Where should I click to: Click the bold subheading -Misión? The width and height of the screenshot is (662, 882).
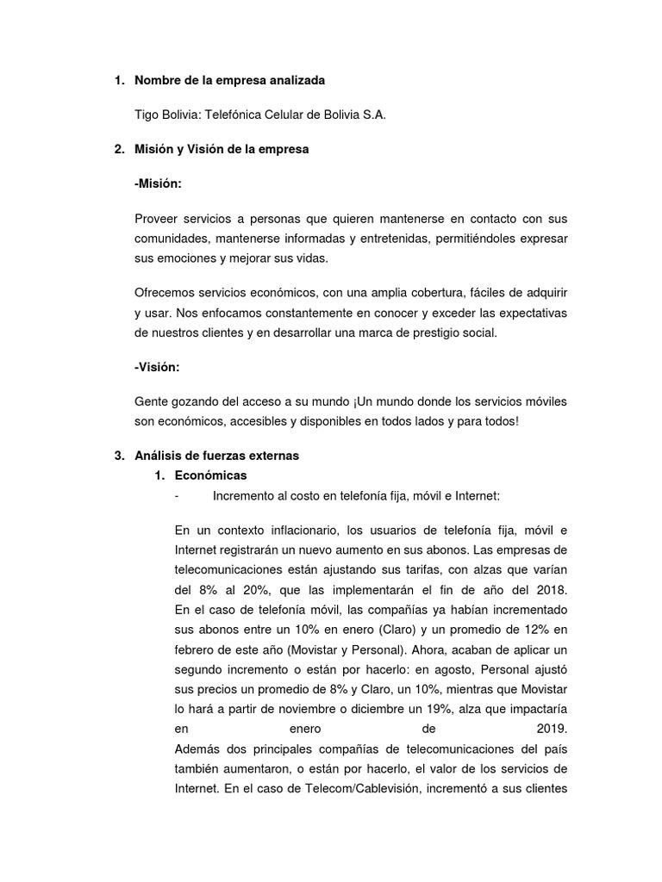click(159, 183)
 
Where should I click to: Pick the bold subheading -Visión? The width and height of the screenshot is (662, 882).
click(158, 368)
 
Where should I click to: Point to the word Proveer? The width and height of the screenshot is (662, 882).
click(157, 219)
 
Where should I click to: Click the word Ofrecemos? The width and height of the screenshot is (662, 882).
click(167, 294)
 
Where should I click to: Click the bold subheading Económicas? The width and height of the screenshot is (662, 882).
click(210, 475)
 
